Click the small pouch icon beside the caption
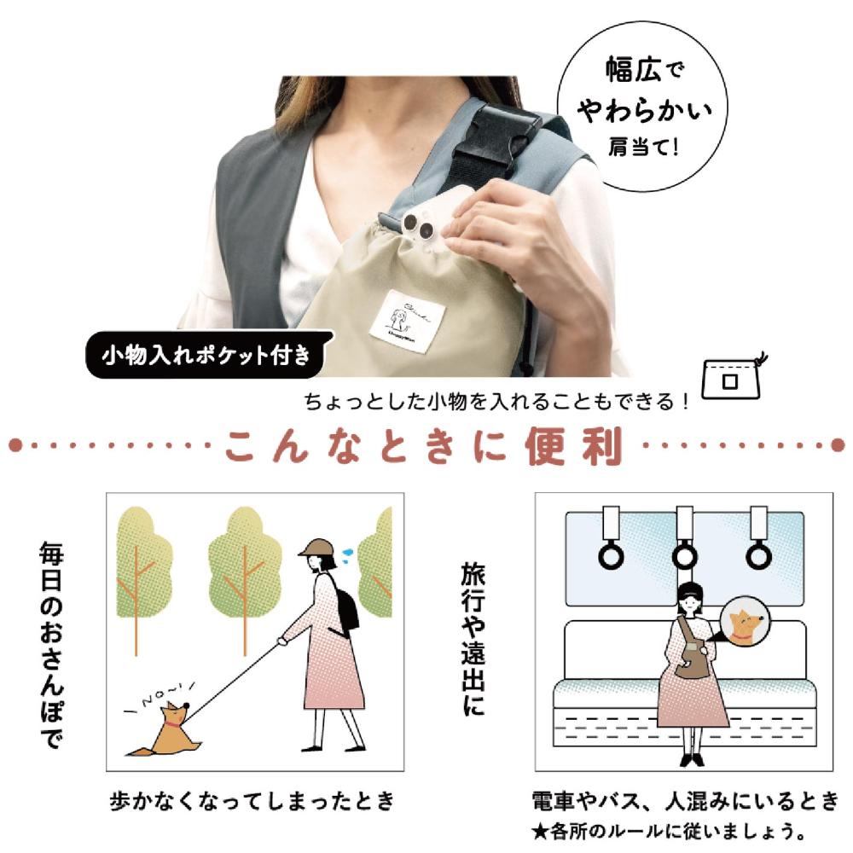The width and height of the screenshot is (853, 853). [x=731, y=375]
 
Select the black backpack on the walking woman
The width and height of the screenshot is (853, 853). [x=345, y=606]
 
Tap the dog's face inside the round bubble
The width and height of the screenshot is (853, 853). [x=739, y=626]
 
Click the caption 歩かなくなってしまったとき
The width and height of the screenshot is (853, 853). [x=253, y=802]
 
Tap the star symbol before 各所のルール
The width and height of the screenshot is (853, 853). [x=537, y=830]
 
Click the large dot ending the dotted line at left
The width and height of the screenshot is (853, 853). [x=15, y=445]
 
